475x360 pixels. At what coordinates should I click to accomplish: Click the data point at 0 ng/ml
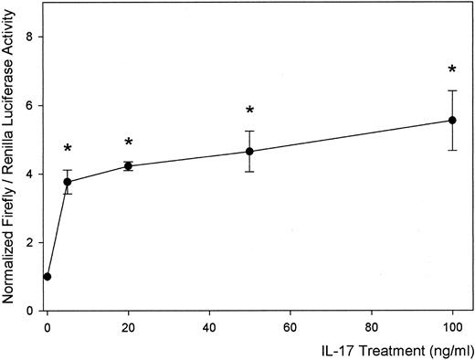47,276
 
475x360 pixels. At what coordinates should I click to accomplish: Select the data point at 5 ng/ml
68,182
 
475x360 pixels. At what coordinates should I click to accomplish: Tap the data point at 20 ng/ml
129,165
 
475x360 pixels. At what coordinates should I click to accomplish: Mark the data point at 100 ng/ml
452,121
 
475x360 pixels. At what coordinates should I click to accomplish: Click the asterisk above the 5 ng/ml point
68,149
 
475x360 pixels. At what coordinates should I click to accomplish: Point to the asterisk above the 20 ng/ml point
129,143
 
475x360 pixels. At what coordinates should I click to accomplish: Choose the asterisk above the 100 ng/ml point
452,70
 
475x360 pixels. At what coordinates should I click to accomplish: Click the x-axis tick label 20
129,325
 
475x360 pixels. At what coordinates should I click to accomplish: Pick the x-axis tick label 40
209,325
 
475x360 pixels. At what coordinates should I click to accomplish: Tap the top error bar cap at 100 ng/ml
452,90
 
